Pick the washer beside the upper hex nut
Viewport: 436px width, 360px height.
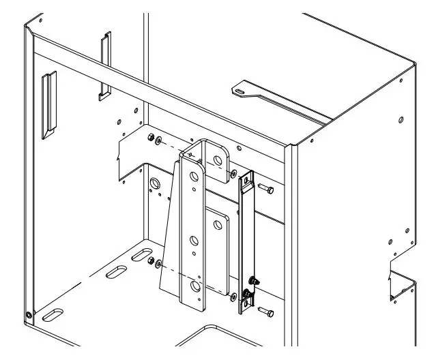click(158, 141)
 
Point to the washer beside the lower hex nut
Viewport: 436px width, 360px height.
click(159, 263)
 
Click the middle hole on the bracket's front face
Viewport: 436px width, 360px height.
click(194, 240)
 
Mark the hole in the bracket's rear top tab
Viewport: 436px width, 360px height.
click(218, 160)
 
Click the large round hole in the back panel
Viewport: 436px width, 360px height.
click(154, 183)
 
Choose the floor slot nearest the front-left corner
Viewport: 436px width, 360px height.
click(53, 315)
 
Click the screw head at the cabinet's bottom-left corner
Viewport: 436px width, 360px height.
click(28, 315)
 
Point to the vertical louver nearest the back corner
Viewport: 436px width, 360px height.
click(104, 65)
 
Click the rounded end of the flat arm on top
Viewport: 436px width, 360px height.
click(241, 88)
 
